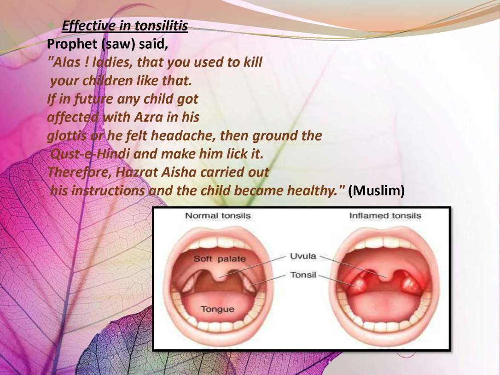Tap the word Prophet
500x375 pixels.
click(72, 44)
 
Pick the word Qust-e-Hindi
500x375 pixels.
click(90, 154)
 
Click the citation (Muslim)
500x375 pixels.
click(376, 191)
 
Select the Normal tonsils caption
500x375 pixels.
click(218, 216)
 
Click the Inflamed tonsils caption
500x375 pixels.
click(385, 216)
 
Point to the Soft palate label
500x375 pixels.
click(220, 258)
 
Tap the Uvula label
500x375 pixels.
click(303, 256)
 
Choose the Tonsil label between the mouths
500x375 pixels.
click(303, 275)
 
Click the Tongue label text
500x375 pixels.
click(217, 309)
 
